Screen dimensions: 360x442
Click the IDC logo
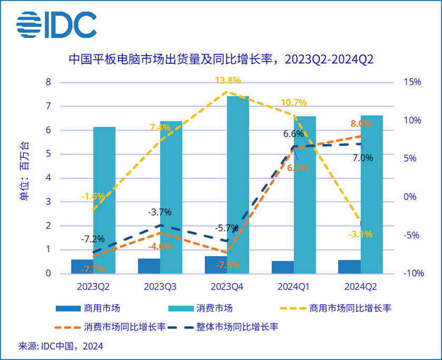click(56, 24)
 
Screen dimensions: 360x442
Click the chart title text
click(221, 59)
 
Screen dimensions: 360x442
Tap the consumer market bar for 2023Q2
click(104, 200)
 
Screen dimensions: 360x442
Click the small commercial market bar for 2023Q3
click(149, 266)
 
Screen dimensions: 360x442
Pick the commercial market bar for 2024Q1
click(282, 267)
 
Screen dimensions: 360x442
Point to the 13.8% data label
click(228, 81)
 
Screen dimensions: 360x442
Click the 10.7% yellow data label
click(294, 102)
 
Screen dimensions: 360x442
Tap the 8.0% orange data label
click(361, 123)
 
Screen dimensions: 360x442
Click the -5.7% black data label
click(227, 228)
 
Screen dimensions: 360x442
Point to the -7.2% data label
click(92, 238)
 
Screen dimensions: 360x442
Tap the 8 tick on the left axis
click(48, 82)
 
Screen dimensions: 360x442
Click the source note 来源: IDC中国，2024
click(61, 346)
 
